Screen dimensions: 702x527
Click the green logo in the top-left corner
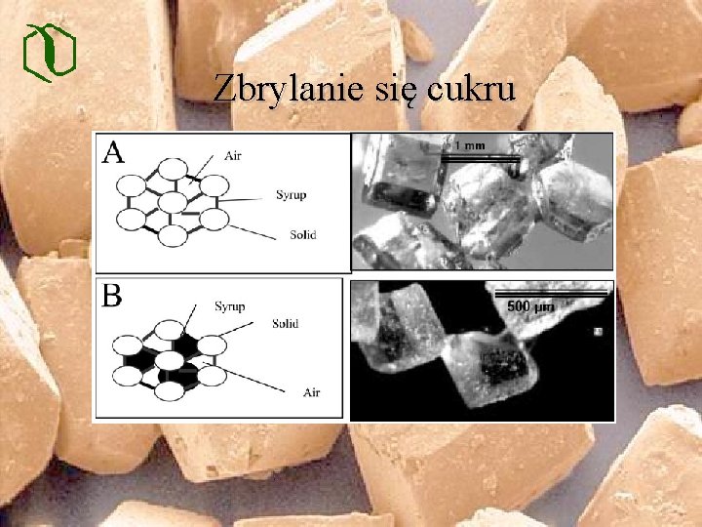click(x=49, y=50)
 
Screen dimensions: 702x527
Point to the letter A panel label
click(x=114, y=152)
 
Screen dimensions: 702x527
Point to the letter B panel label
click(x=113, y=296)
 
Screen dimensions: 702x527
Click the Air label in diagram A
click(x=234, y=154)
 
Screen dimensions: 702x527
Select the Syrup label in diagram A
click(x=291, y=194)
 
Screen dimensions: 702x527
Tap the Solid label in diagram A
click(x=302, y=235)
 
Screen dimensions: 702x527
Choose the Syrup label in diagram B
click(x=229, y=306)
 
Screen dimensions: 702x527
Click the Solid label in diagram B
click(x=286, y=323)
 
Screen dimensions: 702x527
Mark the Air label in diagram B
click(x=311, y=392)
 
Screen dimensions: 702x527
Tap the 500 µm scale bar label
click(x=530, y=306)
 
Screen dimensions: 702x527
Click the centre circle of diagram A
click(x=173, y=202)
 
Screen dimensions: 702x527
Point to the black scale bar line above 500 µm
click(x=551, y=292)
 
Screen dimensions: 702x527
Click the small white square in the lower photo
click(x=598, y=332)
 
